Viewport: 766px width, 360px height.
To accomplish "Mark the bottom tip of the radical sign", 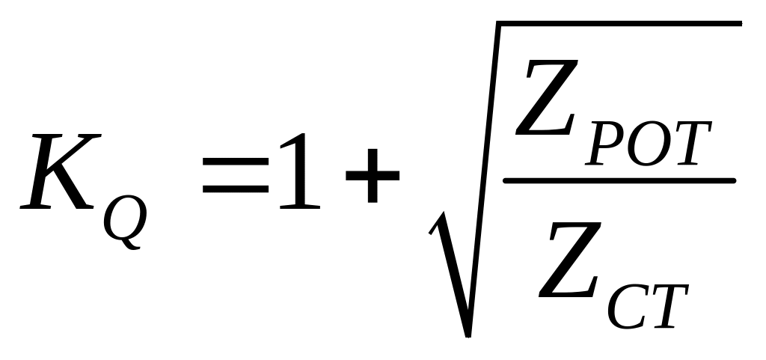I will tap(468, 332).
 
